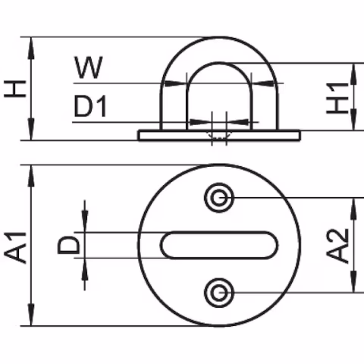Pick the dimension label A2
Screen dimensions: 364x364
(341, 245)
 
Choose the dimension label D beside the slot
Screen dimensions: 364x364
(68, 245)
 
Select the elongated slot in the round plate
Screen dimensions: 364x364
(219, 245)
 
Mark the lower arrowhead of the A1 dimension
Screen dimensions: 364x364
(31, 318)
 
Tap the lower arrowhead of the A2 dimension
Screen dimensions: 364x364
(353, 284)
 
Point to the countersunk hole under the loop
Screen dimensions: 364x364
(219, 135)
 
